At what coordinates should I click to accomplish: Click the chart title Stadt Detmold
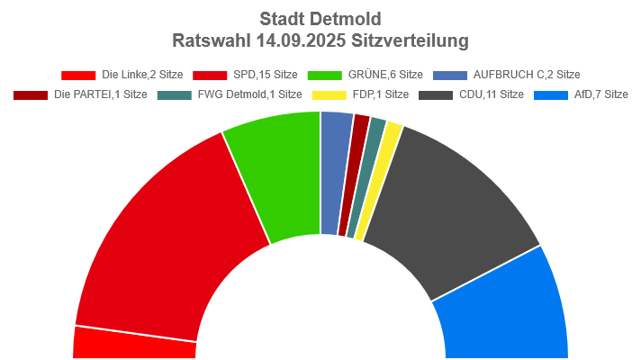[x=320, y=18]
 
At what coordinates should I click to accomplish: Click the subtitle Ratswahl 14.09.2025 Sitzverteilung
[x=320, y=41]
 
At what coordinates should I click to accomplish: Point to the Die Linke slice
[x=135, y=345]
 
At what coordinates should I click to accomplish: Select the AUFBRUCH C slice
[x=333, y=171]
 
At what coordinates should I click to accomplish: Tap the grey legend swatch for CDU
[x=436, y=94]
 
